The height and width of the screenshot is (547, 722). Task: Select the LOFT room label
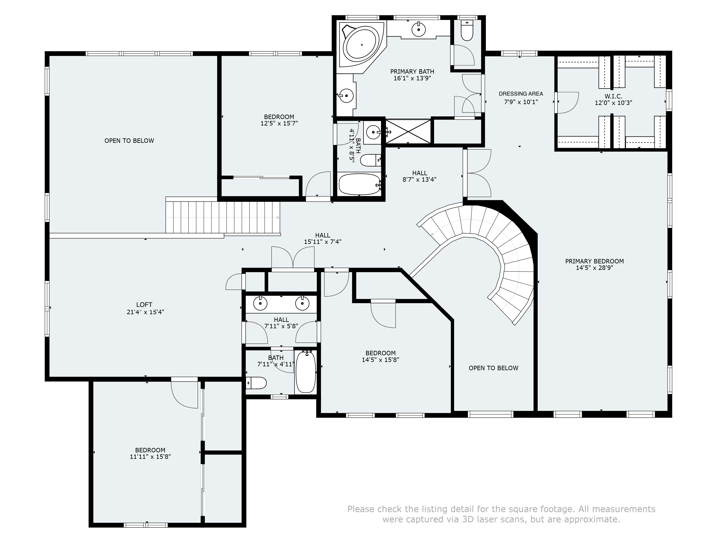144,305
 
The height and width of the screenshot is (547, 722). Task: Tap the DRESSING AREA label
521,94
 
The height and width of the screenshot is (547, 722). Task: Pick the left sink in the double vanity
260,304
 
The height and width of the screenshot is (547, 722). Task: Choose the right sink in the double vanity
302,304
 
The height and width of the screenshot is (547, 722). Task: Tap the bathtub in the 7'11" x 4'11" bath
306,372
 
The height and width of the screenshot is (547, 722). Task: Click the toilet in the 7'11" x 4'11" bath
256,383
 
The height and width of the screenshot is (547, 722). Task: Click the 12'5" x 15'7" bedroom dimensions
279,124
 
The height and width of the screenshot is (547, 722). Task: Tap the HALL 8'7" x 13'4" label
420,176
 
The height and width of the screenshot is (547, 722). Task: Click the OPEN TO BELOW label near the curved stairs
494,368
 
